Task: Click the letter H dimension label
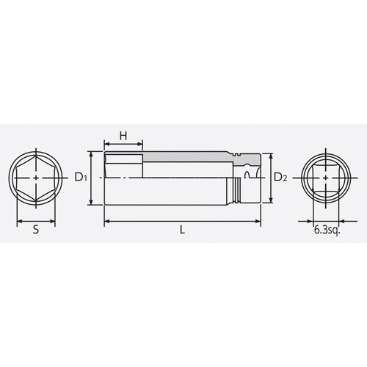tap(123, 135)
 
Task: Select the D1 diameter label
tap(81, 178)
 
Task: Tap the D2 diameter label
tap(280, 178)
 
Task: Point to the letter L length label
tap(182, 229)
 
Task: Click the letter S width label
tap(37, 229)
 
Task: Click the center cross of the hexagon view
tap(37, 178)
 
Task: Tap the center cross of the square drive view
tap(324, 178)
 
